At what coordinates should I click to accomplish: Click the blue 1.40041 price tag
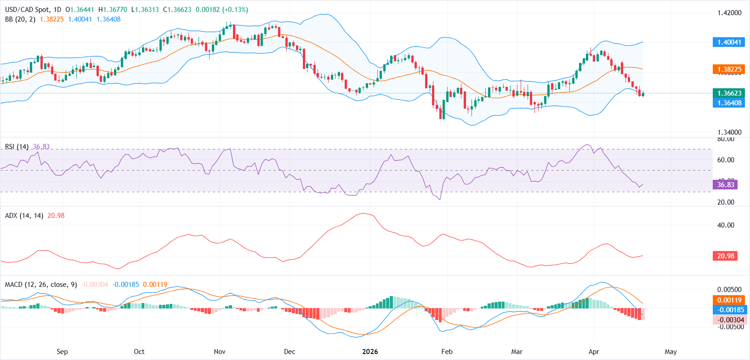coord(729,42)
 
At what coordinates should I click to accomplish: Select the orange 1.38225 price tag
coord(729,69)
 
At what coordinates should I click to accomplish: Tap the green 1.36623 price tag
coord(729,93)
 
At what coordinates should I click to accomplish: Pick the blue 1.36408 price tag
coord(729,103)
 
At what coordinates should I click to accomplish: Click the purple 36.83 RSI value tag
coord(726,185)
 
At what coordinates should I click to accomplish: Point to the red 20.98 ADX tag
coord(726,256)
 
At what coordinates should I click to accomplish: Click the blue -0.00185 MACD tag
coord(730,310)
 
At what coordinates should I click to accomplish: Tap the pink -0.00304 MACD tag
coord(730,320)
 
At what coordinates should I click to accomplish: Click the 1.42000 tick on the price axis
coord(729,13)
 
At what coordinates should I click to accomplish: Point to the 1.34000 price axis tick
coord(729,132)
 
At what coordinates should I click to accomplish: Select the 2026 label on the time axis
coord(370,352)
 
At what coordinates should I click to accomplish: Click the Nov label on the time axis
coord(220,352)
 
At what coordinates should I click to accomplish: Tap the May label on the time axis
coord(670,352)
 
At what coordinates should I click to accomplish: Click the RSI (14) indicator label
coord(17,147)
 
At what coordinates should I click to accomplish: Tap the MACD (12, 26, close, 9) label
coord(41,285)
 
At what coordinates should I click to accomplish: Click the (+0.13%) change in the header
coord(235,10)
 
